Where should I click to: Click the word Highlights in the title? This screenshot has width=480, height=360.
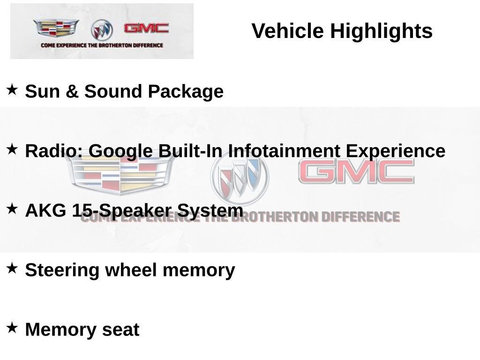(381, 31)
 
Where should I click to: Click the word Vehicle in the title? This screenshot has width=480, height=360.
(287, 31)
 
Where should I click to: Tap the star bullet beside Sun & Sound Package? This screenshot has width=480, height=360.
(12, 89)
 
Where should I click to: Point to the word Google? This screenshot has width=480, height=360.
(120, 151)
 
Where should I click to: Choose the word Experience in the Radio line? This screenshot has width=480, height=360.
(395, 151)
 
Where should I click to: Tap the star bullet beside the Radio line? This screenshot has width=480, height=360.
(12, 149)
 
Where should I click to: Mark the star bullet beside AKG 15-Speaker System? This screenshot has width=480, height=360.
(12, 208)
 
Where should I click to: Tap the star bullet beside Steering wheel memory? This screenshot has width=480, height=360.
(12, 268)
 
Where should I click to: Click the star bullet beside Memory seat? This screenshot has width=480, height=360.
(12, 327)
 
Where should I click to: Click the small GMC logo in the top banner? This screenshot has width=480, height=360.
(146, 28)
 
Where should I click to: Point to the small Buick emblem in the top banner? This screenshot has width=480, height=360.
(102, 30)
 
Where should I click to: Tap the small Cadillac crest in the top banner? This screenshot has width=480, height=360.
(56, 29)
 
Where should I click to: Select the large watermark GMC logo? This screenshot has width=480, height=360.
(356, 172)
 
